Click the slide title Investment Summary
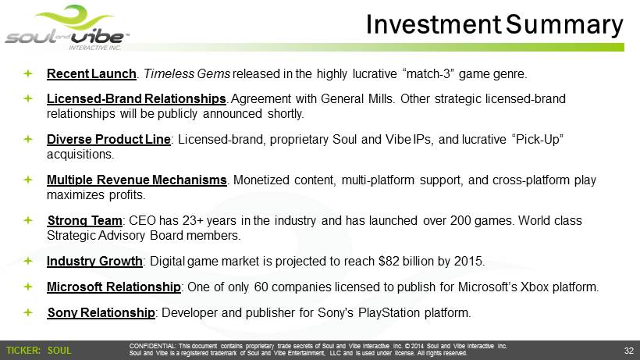pos(494,24)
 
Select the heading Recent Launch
pos(91,74)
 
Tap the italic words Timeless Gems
pos(187,74)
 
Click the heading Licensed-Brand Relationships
pos(137,98)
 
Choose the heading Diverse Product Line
pos(108,140)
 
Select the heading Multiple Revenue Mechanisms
pos(137,180)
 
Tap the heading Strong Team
pos(84,221)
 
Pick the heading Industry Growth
pos(94,262)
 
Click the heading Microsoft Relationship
pos(113,287)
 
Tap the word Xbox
pos(535,287)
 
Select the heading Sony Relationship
pos(101,312)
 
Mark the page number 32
pos(628,351)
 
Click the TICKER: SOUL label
pos(39,351)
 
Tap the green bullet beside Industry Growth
pos(28,261)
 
